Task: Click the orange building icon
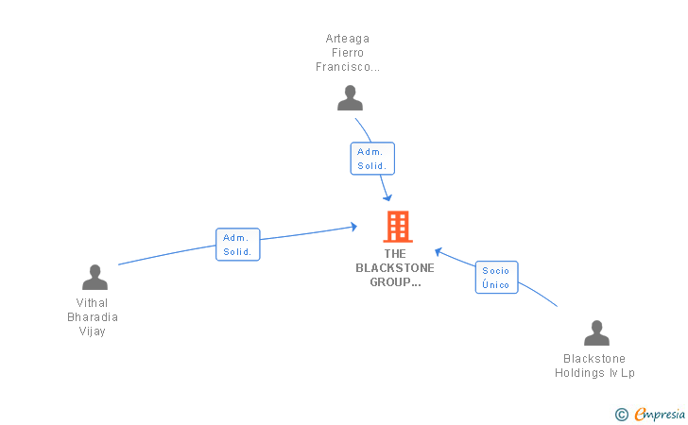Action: point(397,227)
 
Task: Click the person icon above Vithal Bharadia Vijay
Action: point(95,278)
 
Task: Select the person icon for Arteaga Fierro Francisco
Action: point(350,98)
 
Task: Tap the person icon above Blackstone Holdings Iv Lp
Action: point(596,333)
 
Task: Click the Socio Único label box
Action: point(496,278)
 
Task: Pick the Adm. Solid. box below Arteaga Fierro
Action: point(372,159)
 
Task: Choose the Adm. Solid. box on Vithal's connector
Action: point(237,245)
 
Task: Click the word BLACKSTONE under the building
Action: point(395,267)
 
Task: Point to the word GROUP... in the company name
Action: point(395,281)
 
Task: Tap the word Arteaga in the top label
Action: point(348,39)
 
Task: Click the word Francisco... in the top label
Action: point(348,67)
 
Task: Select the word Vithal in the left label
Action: point(93,303)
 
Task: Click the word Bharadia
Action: point(93,317)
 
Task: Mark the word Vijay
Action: point(93,331)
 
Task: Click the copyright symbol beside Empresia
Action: point(622,414)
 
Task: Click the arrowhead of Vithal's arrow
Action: point(353,226)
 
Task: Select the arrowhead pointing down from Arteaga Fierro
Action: point(387,197)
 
